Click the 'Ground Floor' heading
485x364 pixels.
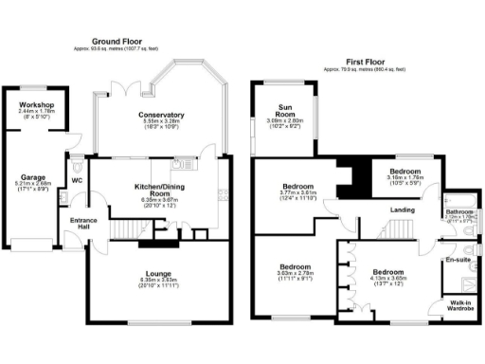point(118,42)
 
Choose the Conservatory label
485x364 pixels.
point(160,115)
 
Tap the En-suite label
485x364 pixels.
point(459,256)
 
